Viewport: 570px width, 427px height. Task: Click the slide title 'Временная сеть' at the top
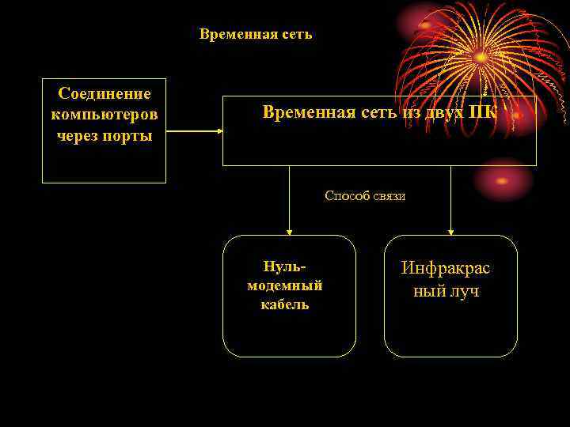256,34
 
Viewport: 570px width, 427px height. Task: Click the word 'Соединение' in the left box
104,94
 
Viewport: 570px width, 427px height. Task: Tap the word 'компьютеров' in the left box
104,115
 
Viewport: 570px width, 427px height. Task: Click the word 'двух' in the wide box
444,112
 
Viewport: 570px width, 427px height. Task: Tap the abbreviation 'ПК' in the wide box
483,112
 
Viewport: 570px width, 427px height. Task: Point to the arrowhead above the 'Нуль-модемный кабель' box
289,232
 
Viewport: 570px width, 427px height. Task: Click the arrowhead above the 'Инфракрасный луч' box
450,232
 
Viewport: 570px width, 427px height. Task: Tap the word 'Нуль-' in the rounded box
284,267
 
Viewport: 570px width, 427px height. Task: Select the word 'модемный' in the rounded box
285,285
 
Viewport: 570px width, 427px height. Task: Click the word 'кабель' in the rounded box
285,304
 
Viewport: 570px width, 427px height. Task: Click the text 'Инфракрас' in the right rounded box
446,268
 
